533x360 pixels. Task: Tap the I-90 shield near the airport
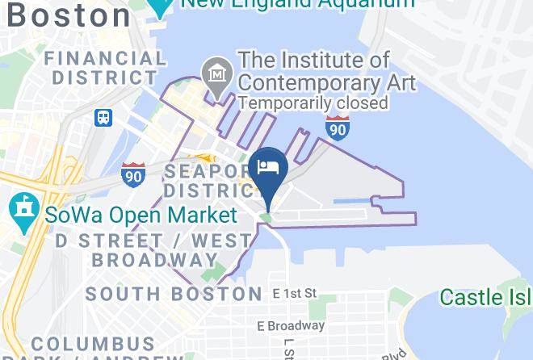(x=338, y=127)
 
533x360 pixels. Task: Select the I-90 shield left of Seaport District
(x=133, y=173)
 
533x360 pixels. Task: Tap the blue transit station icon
(x=103, y=118)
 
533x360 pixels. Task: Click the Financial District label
(x=105, y=68)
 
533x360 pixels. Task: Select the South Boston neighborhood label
(x=174, y=293)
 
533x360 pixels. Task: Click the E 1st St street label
(x=294, y=293)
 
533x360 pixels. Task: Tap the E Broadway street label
(x=290, y=326)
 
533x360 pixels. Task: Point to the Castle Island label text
(x=485, y=297)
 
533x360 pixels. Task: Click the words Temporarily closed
(x=313, y=103)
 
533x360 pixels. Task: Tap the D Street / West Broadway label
(x=153, y=250)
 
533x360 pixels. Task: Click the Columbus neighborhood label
(x=93, y=345)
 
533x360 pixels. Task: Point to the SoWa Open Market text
(x=141, y=215)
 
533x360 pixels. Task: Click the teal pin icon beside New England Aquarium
(x=162, y=6)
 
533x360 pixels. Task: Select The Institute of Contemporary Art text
(x=326, y=71)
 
